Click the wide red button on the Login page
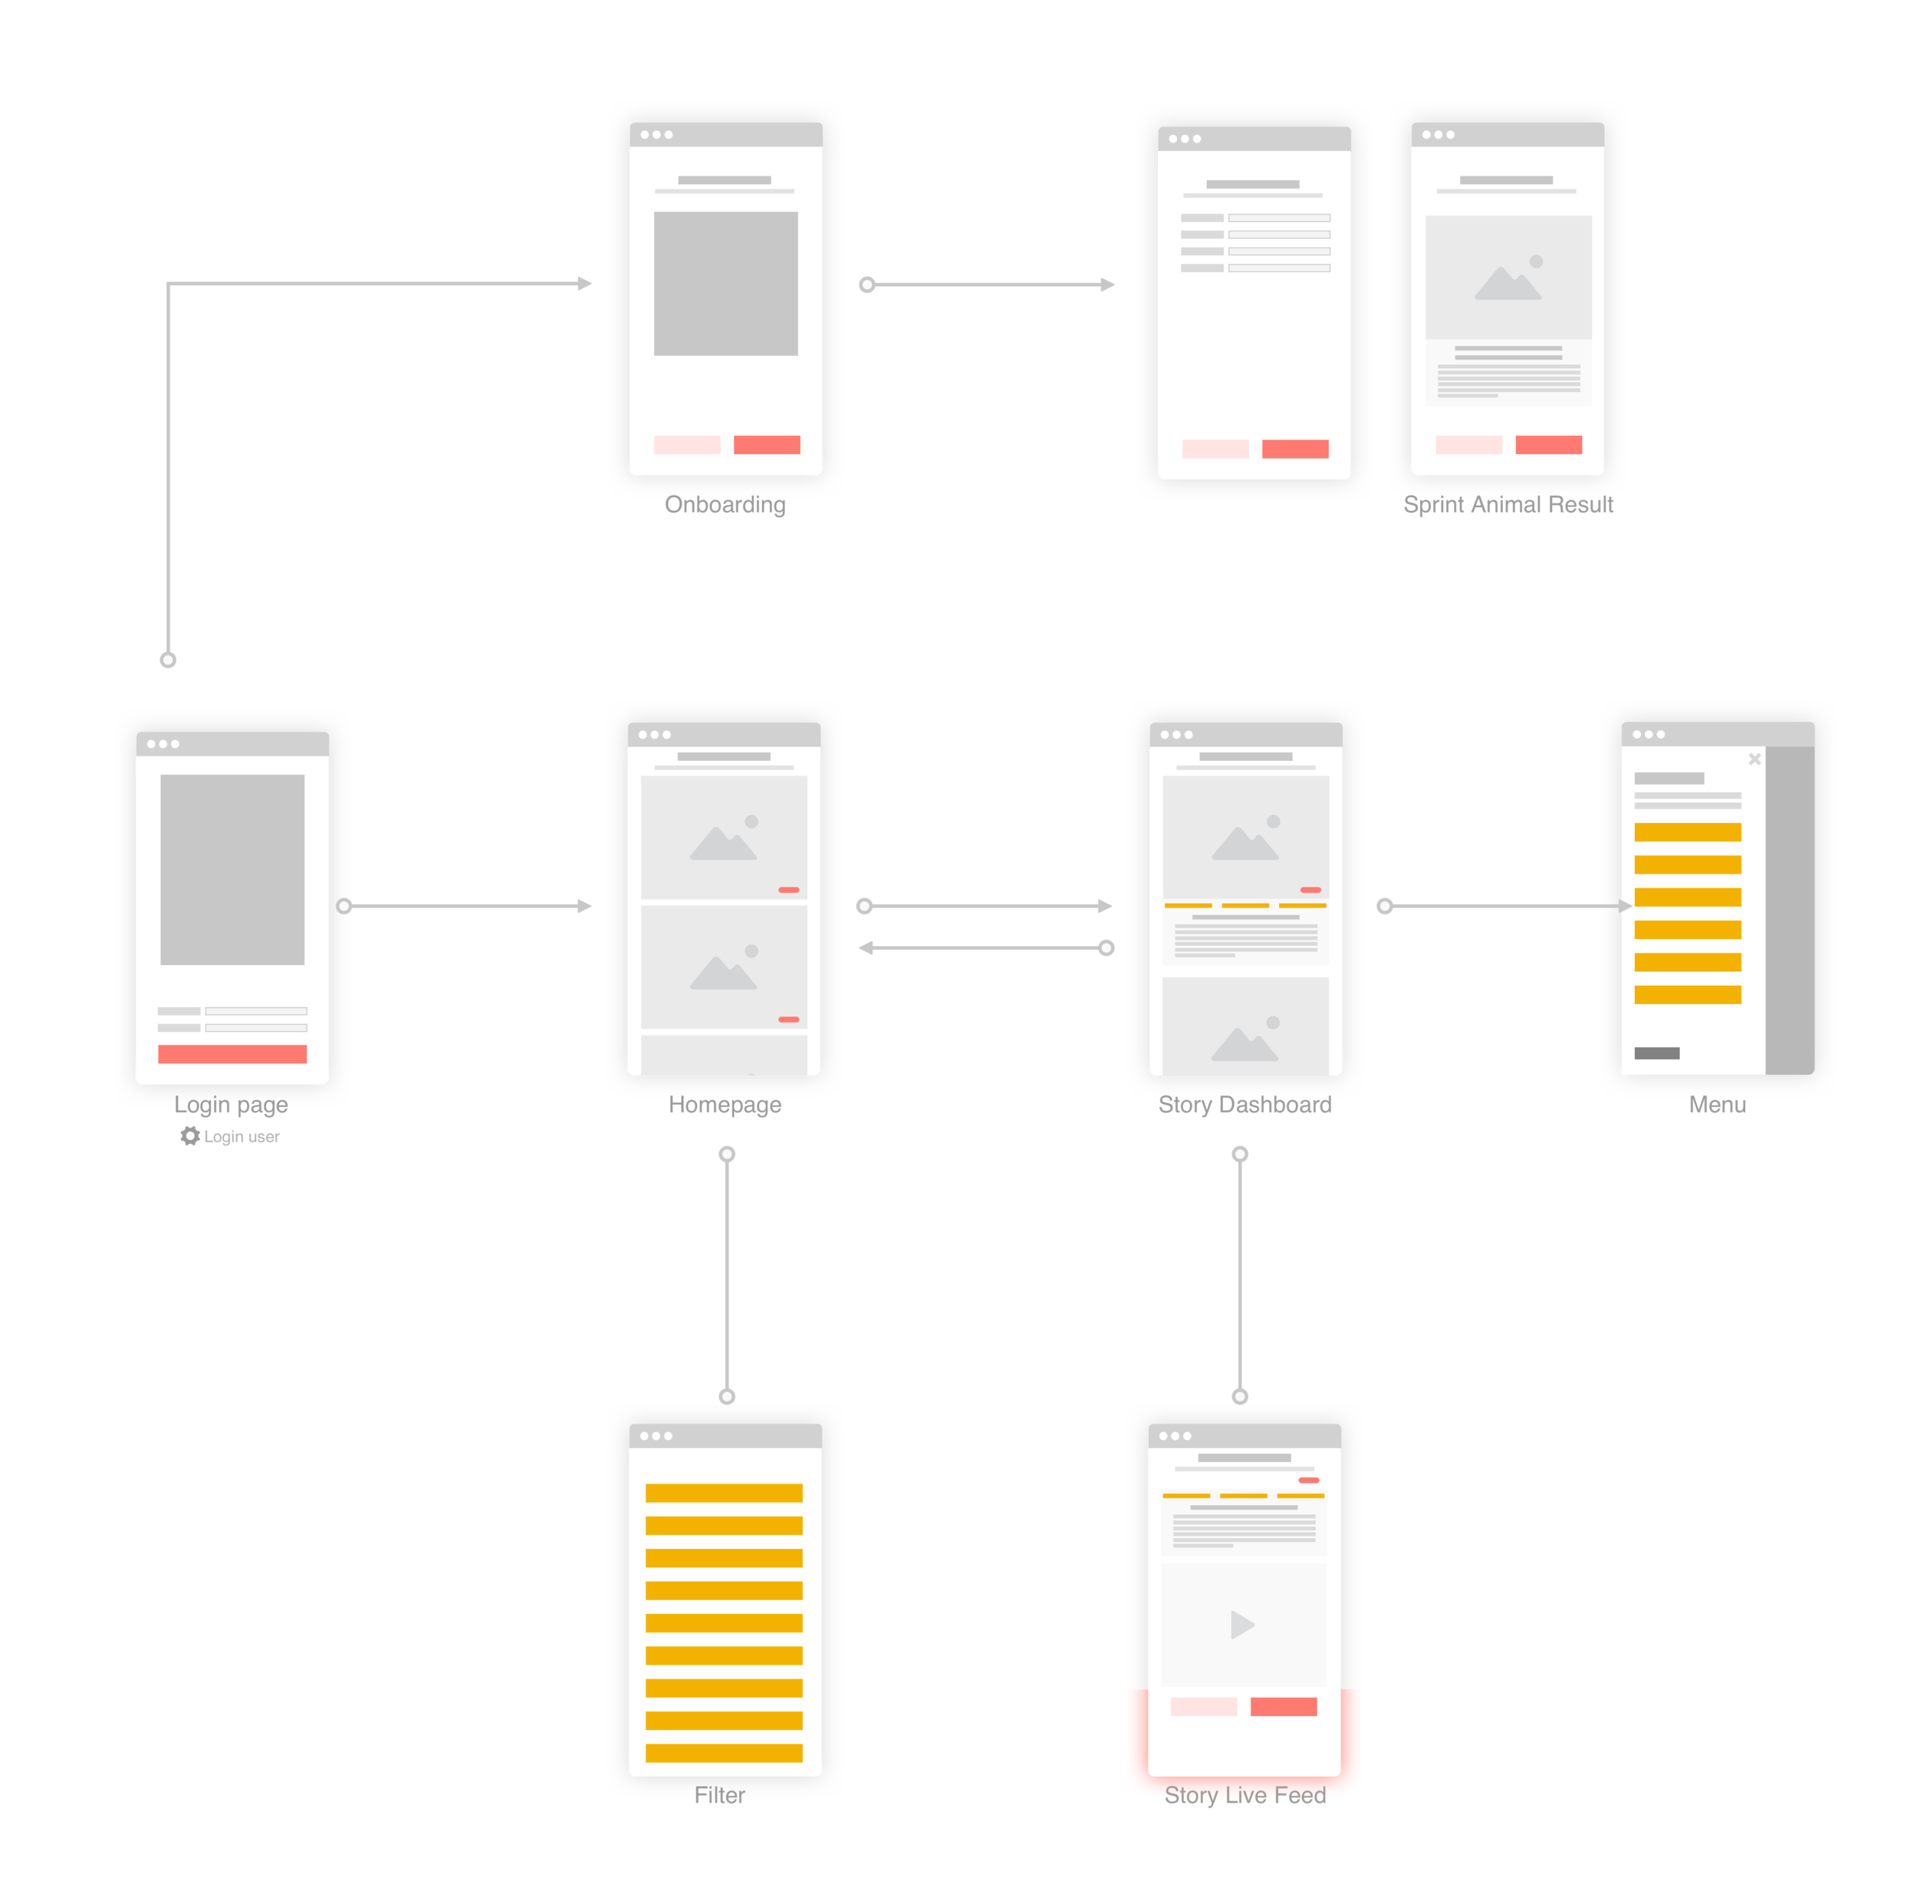coord(232,1054)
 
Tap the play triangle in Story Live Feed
coord(1242,1625)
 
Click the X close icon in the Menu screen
coord(1754,759)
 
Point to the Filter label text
coord(720,1798)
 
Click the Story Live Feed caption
coord(1245,1796)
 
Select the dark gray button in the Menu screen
coord(1656,1053)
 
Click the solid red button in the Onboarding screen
coord(766,445)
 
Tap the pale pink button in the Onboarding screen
coord(686,445)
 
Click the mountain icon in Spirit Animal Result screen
coord(1508,281)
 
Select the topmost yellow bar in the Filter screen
coord(724,1493)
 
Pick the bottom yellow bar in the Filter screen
coord(724,1754)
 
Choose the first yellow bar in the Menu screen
coord(1687,832)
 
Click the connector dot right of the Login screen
coord(344,906)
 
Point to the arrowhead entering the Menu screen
coord(1623,906)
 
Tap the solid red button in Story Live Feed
coord(1283,1706)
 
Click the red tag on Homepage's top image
coord(788,890)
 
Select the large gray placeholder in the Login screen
coord(232,869)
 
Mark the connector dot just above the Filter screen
coord(728,1398)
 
